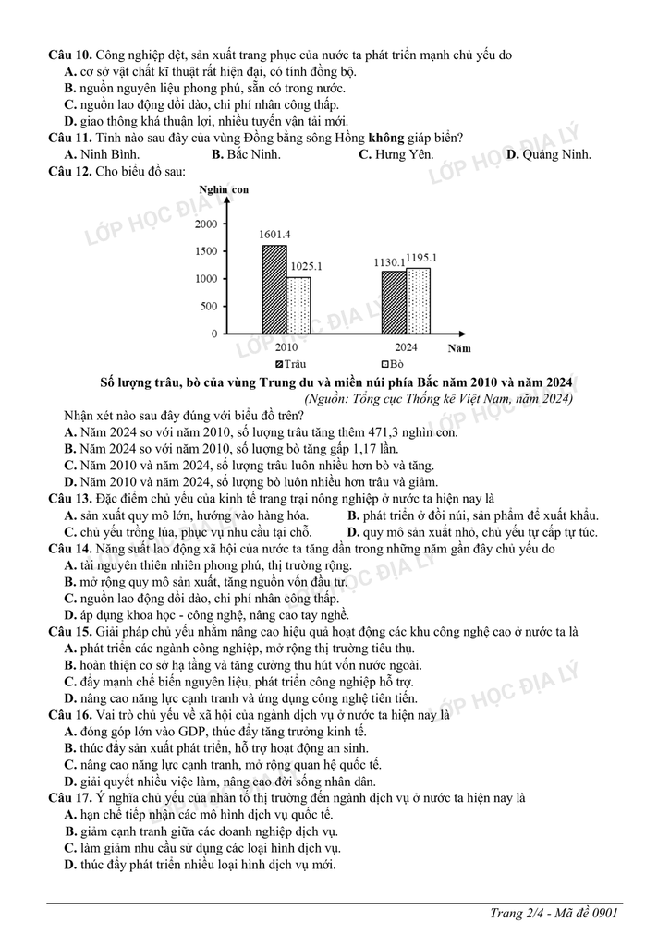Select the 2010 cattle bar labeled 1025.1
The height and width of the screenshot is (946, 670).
pos(298,305)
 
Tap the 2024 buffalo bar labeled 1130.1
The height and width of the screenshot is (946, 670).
pos(394,302)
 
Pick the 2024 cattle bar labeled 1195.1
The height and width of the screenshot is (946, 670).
pos(418,300)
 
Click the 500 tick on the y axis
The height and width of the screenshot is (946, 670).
pos(210,307)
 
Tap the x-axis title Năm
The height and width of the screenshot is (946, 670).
pos(458,348)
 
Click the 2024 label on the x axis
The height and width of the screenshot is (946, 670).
pos(406,347)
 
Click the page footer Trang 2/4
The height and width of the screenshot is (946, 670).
pos(518,914)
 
